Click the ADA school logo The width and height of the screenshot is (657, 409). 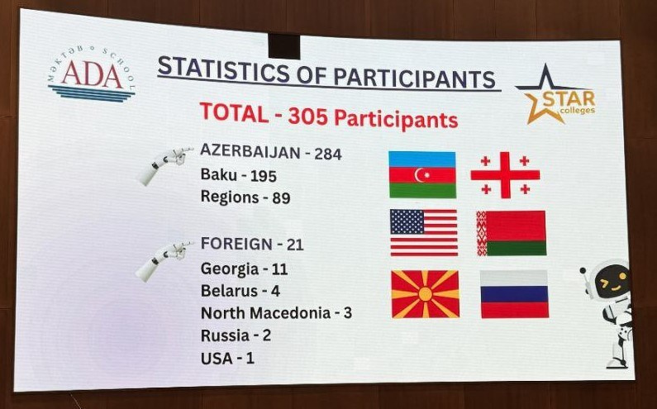coord(92,75)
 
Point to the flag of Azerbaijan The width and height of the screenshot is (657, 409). coord(422,174)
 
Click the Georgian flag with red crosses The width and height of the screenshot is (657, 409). coord(505,174)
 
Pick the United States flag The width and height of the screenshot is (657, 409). coord(423,232)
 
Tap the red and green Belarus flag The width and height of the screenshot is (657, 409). coord(511,233)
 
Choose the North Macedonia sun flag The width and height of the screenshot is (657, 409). coord(424,293)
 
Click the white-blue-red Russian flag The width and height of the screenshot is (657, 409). coord(514,294)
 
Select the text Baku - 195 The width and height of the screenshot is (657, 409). coord(238,175)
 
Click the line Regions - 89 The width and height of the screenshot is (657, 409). coord(245,197)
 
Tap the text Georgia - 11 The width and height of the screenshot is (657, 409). coord(244,269)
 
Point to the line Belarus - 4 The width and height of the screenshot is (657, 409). coord(240,291)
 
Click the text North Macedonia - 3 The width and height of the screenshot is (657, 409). coord(276,313)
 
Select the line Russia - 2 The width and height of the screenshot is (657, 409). coord(236,335)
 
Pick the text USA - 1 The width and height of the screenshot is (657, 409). coord(227,359)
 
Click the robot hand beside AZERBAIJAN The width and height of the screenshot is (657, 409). coord(164,164)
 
